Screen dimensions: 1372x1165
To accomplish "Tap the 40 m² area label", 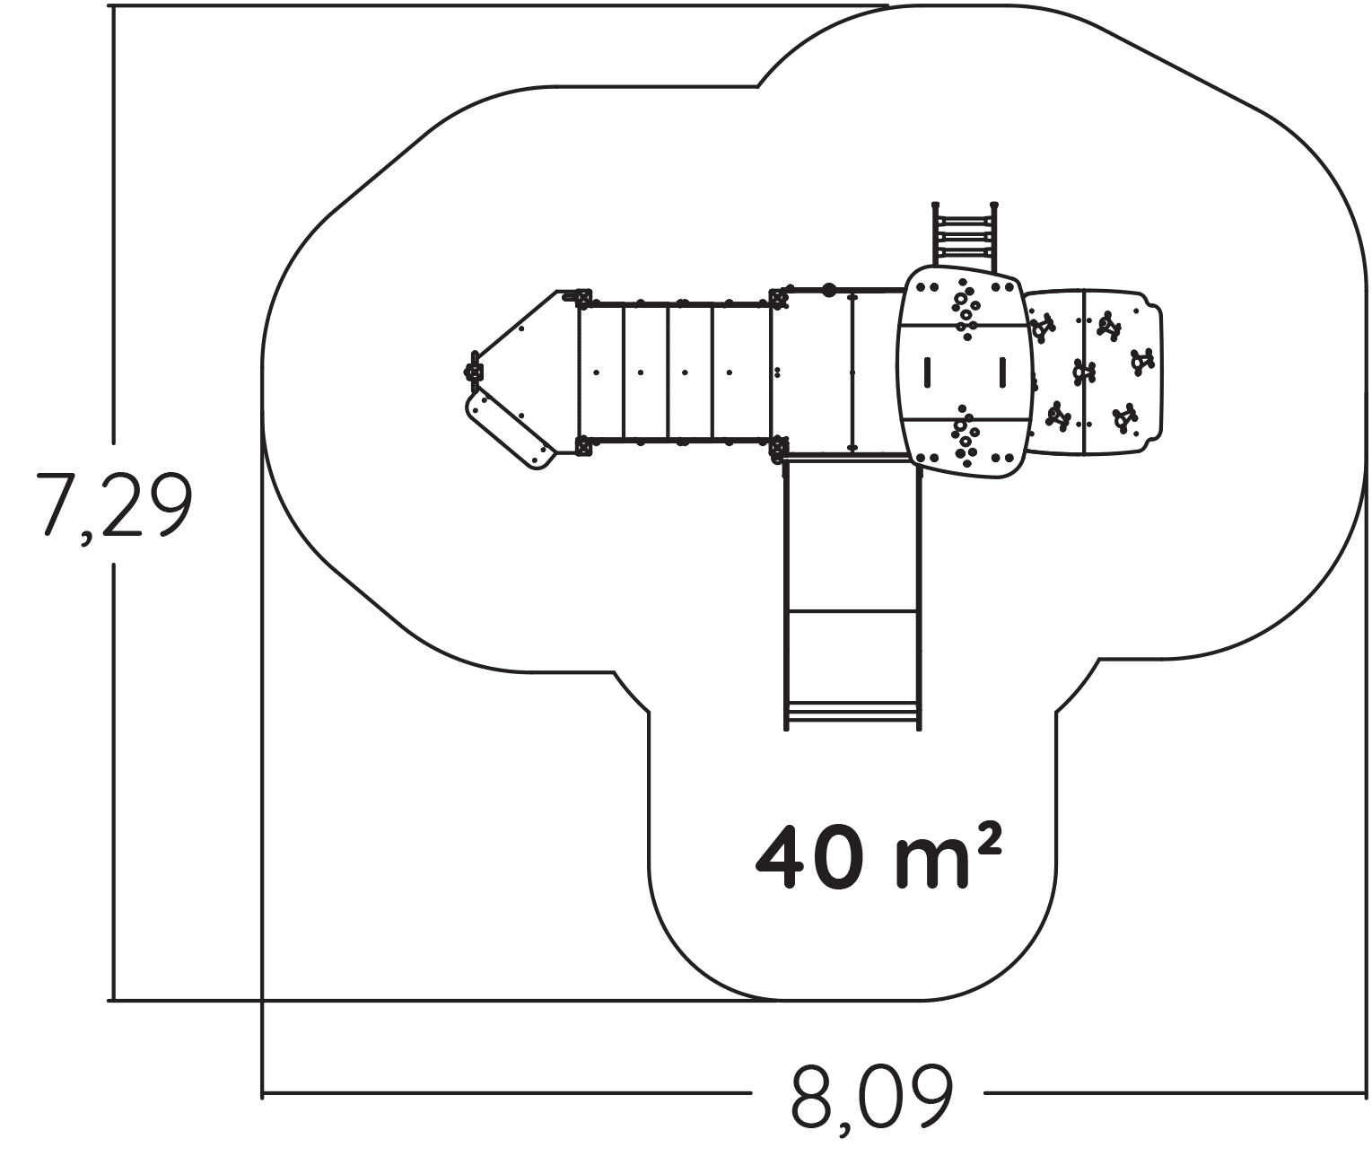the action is point(878,857).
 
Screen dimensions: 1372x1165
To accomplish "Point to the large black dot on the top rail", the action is point(829,289).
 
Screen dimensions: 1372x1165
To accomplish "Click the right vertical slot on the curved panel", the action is point(1002,372).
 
